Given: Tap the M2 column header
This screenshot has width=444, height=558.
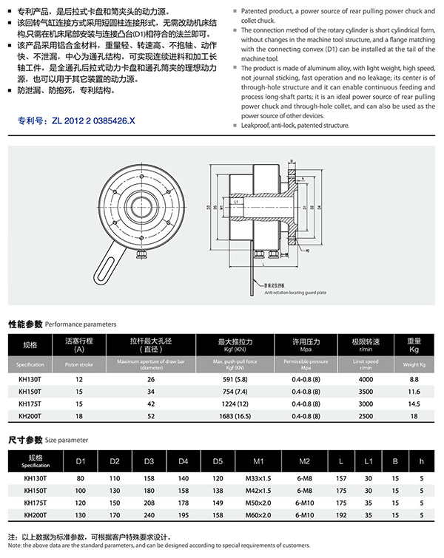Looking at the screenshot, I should coord(303,462).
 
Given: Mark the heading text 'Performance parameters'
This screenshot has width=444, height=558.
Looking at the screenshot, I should coord(81,324).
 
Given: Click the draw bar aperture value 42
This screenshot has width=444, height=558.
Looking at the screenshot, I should coord(151,404).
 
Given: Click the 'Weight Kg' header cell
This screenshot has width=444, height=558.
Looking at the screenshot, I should coord(414,364).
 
